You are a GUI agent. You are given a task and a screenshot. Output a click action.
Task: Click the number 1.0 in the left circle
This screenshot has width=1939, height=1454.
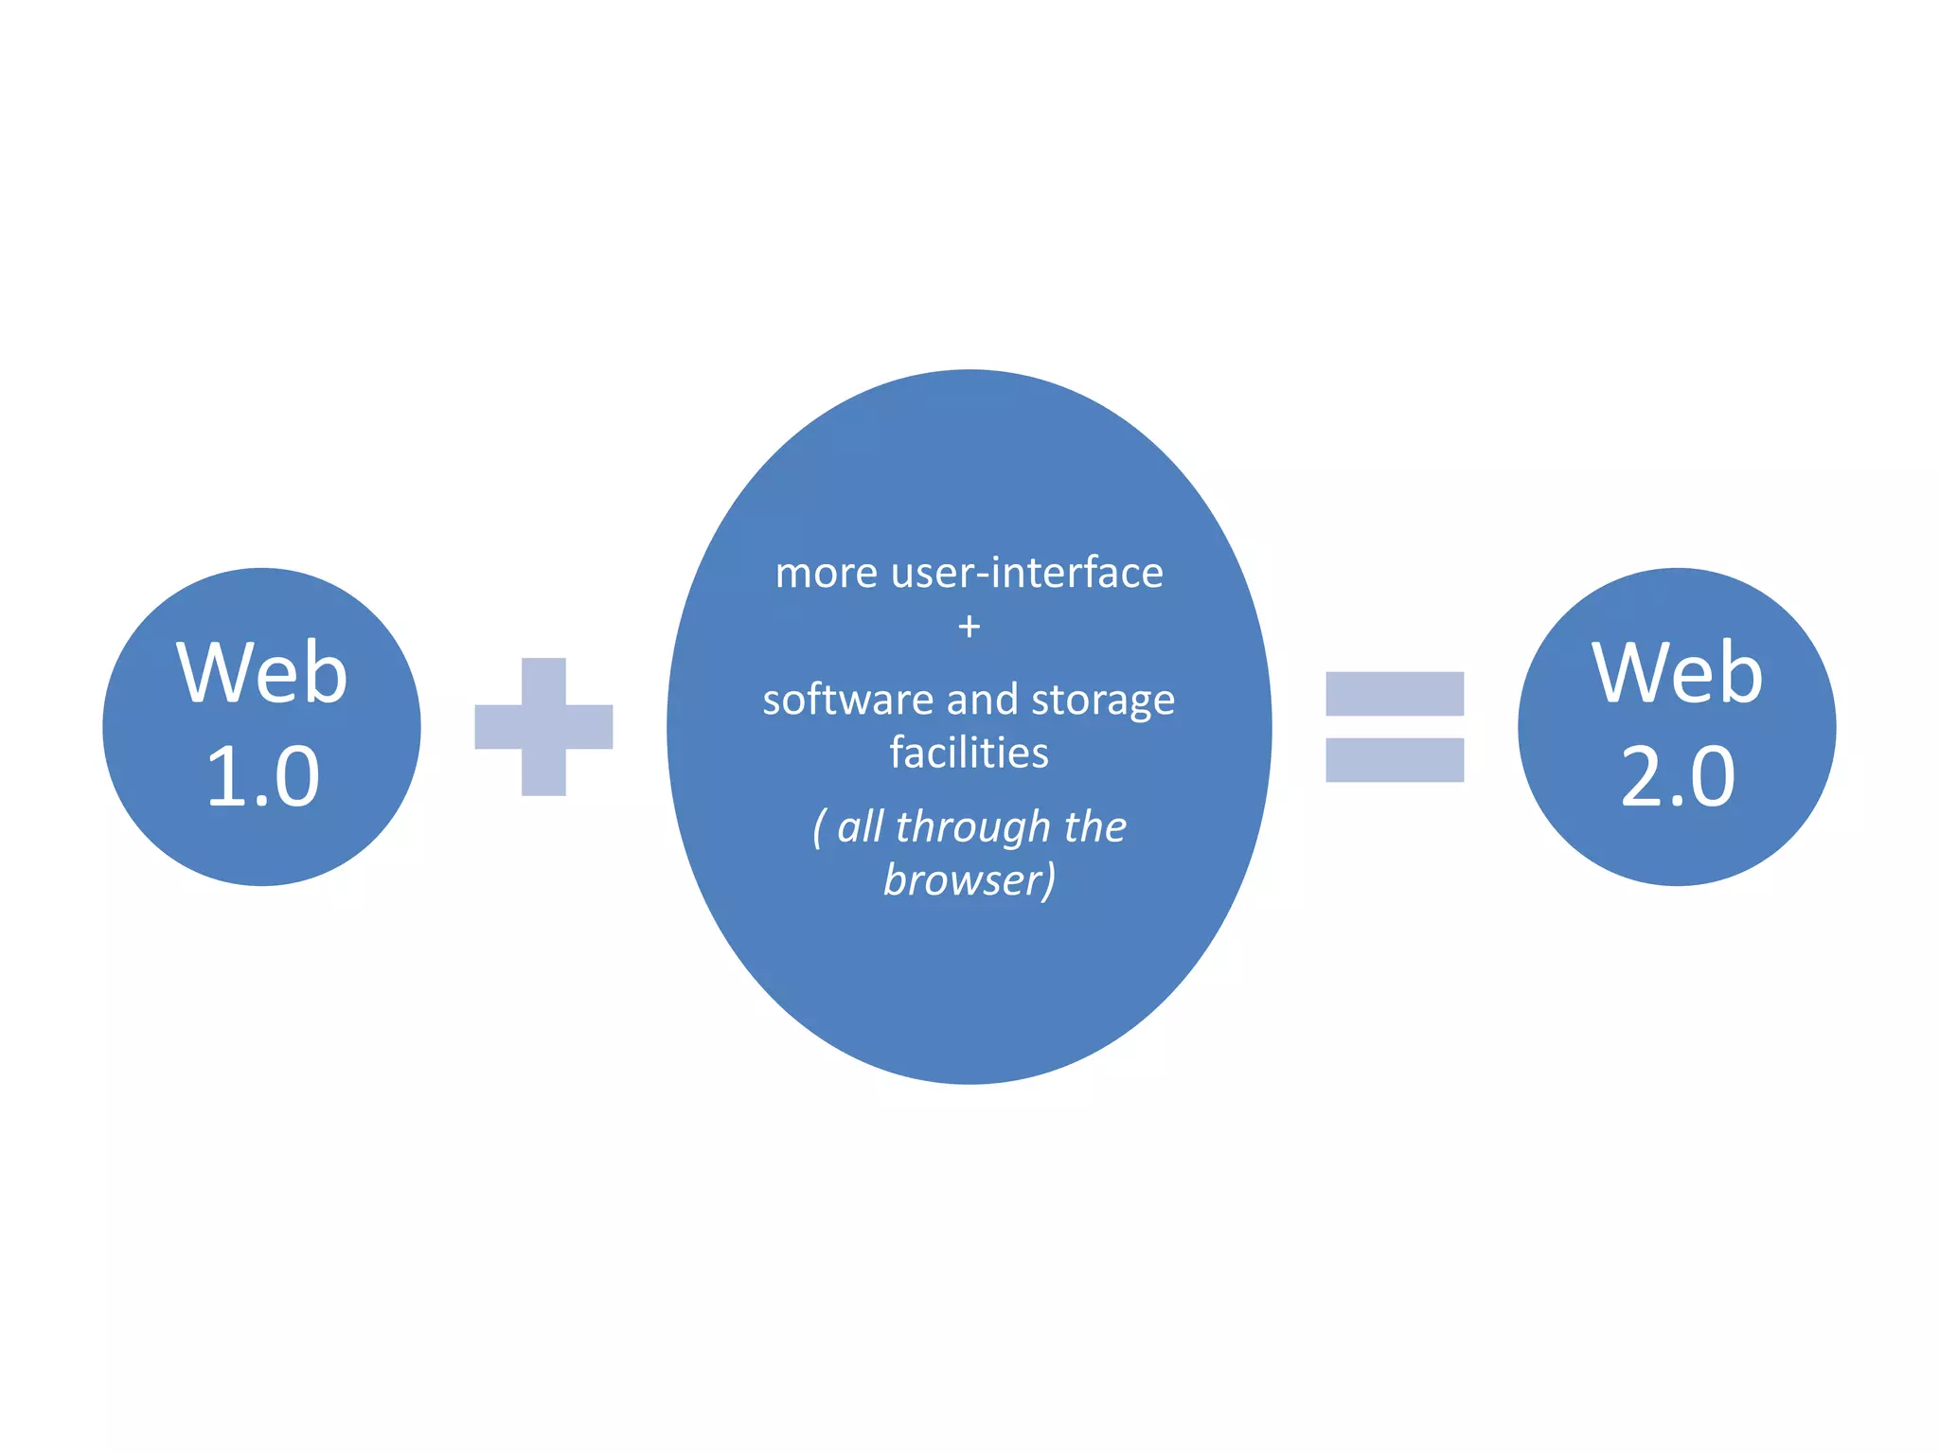tap(262, 776)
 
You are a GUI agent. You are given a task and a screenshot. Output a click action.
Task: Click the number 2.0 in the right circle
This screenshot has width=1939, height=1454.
tap(1677, 776)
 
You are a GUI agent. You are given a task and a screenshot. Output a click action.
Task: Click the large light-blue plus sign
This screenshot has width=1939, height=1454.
tap(543, 727)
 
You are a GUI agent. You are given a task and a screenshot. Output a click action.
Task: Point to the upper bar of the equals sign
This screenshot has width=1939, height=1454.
tap(1395, 694)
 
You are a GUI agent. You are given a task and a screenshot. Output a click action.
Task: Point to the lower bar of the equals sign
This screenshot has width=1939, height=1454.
tap(1395, 760)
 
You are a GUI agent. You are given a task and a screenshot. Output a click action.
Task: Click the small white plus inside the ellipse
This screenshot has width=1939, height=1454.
tap(969, 627)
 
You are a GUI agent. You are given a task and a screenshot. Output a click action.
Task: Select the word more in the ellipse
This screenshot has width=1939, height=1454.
tap(826, 574)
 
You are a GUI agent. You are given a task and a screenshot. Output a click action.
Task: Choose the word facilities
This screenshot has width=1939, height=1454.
tap(969, 754)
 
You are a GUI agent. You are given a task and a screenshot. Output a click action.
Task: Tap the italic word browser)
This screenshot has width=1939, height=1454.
tap(969, 880)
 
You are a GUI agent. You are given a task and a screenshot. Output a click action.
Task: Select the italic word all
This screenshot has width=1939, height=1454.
tap(861, 826)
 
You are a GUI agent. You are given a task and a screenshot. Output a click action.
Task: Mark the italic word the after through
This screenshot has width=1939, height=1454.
tap(1094, 826)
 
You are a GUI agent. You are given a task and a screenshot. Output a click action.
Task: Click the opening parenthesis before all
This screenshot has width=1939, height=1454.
tap(819, 828)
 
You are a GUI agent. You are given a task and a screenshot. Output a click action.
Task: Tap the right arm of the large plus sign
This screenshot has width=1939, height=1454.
tap(590, 727)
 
